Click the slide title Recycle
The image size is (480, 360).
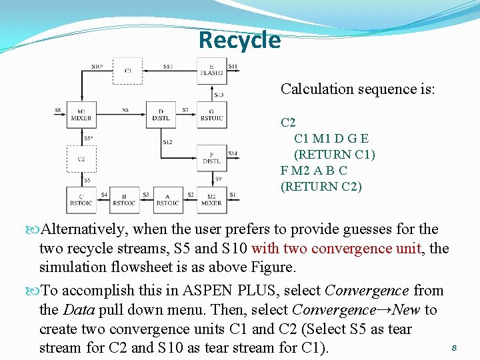point(240,40)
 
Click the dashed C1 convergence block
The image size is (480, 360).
point(127,71)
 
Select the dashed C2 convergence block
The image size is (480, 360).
point(81,159)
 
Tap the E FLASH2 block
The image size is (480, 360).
point(211,71)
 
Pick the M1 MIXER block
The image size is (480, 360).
point(81,115)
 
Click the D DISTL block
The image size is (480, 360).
point(161,115)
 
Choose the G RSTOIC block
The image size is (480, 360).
point(211,115)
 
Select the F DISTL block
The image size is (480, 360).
point(211,157)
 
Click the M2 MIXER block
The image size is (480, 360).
point(211,199)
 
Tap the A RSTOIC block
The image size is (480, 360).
point(167,199)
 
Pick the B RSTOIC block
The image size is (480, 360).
point(124,199)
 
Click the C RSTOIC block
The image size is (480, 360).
point(81,199)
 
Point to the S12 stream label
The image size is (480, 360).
point(167,142)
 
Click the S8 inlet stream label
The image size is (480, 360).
point(58,110)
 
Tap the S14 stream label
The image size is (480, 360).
point(233,153)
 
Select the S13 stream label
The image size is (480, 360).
point(218,95)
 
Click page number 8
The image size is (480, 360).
point(453,347)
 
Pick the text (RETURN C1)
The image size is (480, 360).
point(335,155)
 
